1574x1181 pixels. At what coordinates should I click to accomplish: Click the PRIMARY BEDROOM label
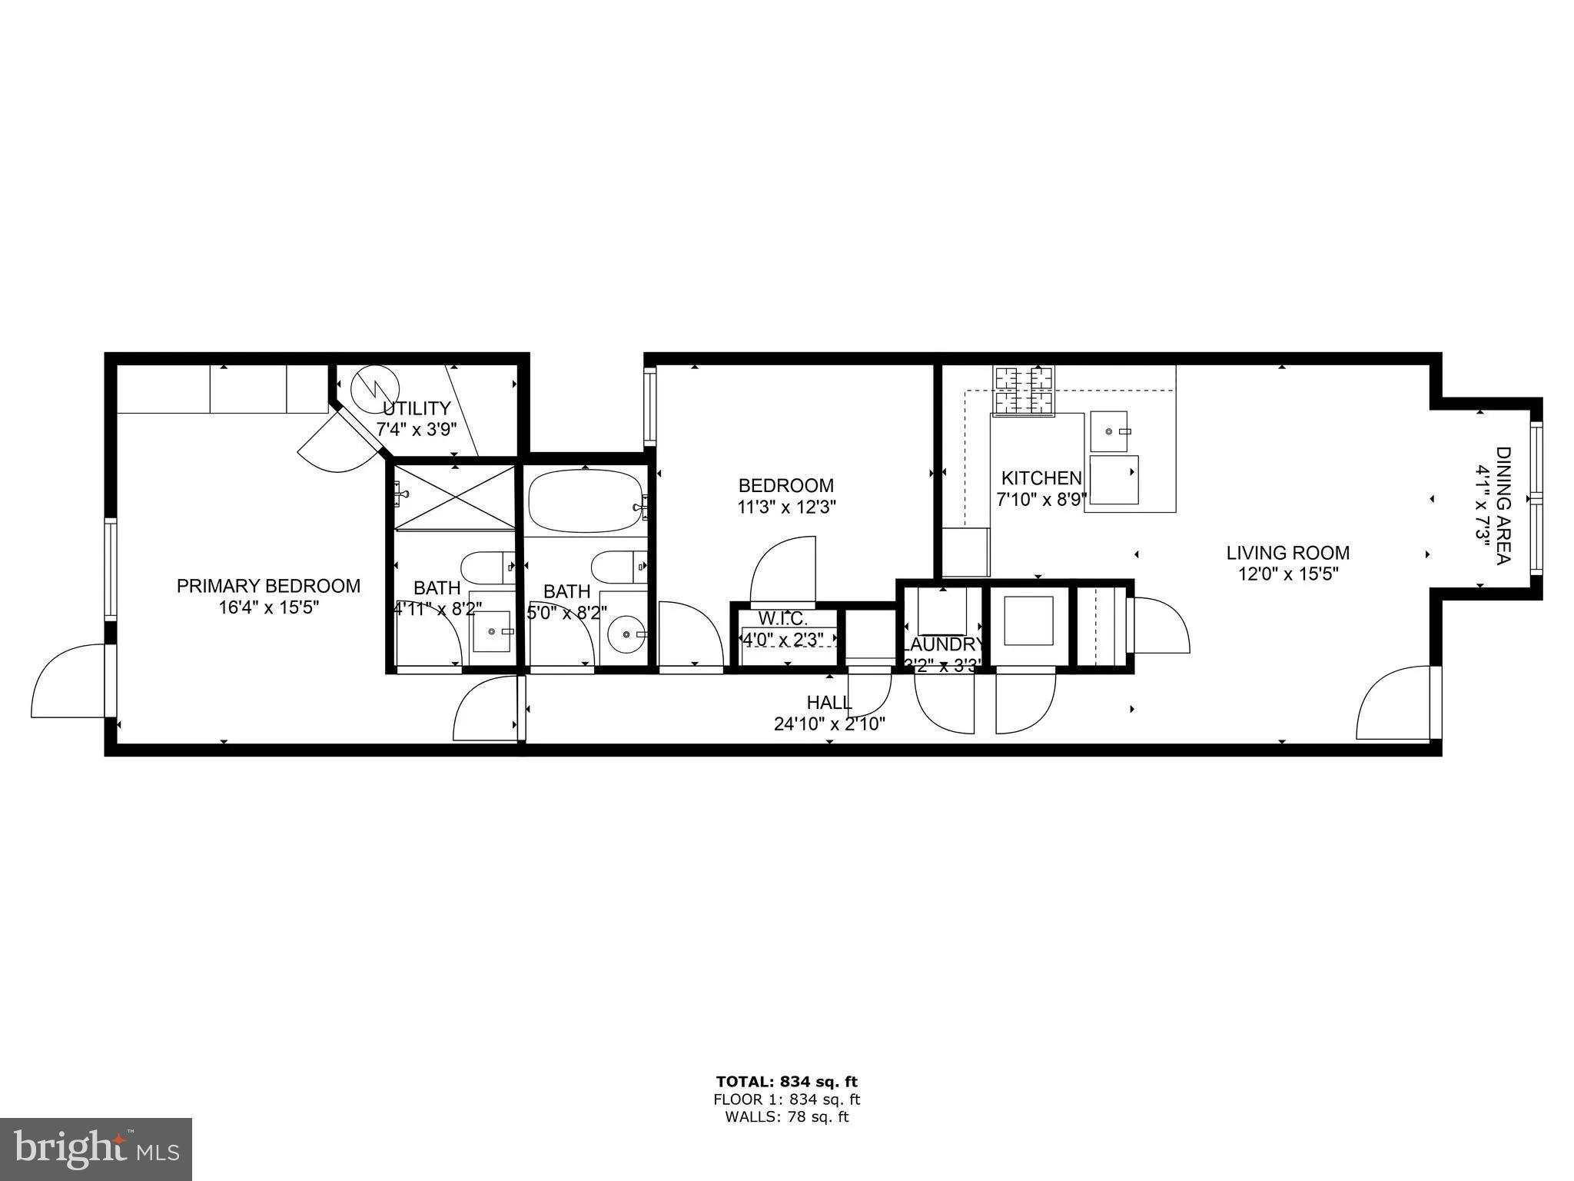(x=268, y=586)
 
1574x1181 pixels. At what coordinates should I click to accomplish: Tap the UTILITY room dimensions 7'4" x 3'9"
(x=416, y=430)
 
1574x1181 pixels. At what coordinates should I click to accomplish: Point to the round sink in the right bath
(x=627, y=634)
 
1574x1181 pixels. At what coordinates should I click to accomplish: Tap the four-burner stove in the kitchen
(x=1024, y=391)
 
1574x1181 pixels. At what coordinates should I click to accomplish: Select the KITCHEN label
(x=1041, y=478)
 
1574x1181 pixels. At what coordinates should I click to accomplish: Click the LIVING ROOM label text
(x=1287, y=553)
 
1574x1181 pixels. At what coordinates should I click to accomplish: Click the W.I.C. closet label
(x=782, y=618)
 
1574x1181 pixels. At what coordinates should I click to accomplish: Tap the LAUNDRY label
(x=943, y=644)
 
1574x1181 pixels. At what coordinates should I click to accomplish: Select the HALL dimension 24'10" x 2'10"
(x=829, y=724)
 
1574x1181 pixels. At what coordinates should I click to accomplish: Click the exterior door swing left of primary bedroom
(x=68, y=684)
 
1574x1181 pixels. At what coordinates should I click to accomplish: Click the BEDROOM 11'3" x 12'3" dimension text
(x=786, y=507)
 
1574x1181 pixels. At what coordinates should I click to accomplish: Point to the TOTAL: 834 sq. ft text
(x=786, y=1082)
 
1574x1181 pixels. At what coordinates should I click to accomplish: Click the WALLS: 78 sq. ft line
(x=786, y=1117)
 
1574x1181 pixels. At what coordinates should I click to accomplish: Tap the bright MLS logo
(x=96, y=1149)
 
